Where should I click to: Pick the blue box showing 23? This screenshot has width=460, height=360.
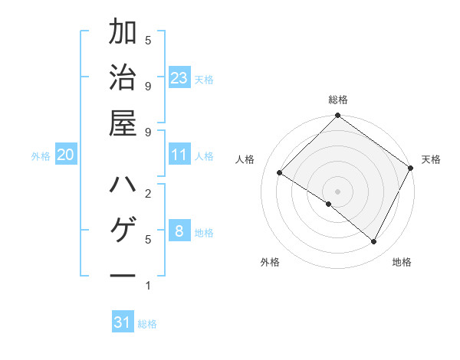(179, 78)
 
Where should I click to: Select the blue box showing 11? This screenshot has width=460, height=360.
(179, 155)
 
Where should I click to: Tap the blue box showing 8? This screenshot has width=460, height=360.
(179, 231)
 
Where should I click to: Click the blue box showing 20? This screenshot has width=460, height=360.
(66, 155)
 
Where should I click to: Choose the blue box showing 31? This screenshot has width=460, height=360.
(123, 322)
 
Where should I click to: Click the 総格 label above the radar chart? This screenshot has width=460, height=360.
(338, 100)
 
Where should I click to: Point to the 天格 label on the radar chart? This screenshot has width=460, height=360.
(431, 159)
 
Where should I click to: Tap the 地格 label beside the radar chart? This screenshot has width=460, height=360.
(402, 262)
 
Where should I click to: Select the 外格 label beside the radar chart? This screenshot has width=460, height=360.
(270, 262)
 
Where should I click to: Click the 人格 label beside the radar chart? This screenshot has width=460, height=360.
(245, 159)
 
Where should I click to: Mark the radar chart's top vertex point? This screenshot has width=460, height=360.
(338, 116)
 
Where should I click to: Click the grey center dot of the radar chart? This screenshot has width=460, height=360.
(338, 191)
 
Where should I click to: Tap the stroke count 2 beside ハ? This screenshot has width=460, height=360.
(148, 192)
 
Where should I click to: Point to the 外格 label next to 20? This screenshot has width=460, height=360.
(41, 156)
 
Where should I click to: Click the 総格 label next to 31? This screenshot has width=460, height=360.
(147, 324)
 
